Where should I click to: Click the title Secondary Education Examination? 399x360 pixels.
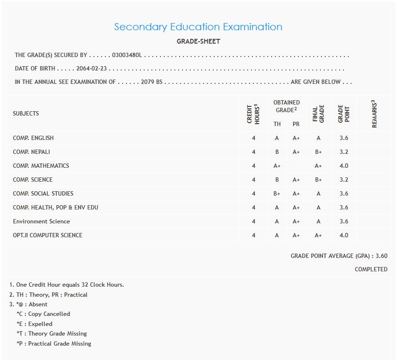click(x=198, y=27)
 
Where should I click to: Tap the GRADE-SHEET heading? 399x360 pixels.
click(x=198, y=42)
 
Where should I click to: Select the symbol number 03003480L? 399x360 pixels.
click(x=127, y=55)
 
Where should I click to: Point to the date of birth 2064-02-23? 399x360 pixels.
click(x=91, y=69)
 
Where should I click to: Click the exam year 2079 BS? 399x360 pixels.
click(x=152, y=82)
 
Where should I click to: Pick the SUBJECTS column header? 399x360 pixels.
click(x=26, y=114)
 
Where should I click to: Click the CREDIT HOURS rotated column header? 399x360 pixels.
click(x=253, y=114)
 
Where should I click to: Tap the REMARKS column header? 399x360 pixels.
click(x=375, y=114)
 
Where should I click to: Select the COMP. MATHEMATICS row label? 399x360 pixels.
click(x=41, y=166)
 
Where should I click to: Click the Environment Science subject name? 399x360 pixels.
click(x=41, y=221)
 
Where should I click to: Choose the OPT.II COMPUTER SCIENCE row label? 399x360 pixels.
click(x=47, y=235)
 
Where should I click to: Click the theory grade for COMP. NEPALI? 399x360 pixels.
click(x=277, y=152)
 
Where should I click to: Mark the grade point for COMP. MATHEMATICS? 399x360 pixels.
click(x=343, y=166)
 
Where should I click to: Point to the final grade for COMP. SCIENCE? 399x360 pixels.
click(x=318, y=180)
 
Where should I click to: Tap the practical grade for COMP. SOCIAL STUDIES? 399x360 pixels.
click(x=296, y=194)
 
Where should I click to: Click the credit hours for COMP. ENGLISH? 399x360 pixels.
click(x=253, y=138)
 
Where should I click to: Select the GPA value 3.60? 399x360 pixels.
click(x=382, y=256)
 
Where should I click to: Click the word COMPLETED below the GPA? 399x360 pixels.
click(x=371, y=269)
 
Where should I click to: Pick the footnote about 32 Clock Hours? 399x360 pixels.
click(x=67, y=285)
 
